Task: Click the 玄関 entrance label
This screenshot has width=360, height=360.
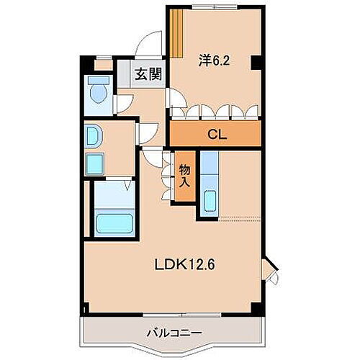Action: click(148, 73)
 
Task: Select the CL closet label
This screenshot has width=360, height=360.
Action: click(215, 133)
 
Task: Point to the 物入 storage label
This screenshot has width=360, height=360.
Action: click(184, 174)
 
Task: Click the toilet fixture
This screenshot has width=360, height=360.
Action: click(96, 92)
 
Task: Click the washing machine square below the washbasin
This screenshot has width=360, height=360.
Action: click(95, 164)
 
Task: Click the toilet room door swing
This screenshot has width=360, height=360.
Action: click(125, 102)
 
